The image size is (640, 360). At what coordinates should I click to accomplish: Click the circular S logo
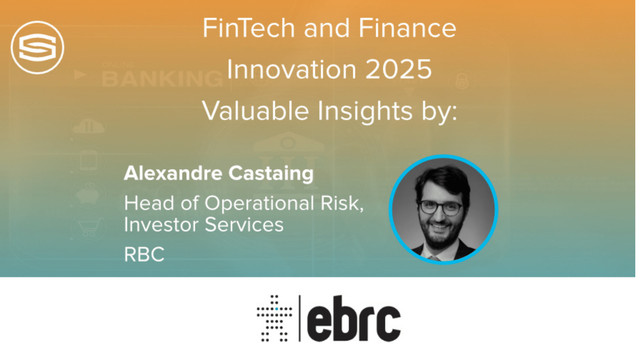point(37,47)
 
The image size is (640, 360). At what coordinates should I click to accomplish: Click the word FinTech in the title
point(249,28)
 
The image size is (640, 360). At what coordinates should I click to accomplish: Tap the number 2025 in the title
point(398,70)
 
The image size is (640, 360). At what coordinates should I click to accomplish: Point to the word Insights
point(365,111)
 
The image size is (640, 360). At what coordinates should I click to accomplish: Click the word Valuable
point(255,111)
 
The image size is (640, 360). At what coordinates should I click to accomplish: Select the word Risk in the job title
point(342,203)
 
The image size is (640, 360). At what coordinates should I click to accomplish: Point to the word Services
point(244,225)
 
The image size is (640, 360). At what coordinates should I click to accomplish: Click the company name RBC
point(144,254)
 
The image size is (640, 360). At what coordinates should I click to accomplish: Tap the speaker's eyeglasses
point(440,207)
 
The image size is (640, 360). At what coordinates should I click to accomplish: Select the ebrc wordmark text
point(354,318)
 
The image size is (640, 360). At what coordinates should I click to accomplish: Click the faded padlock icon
point(462,81)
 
